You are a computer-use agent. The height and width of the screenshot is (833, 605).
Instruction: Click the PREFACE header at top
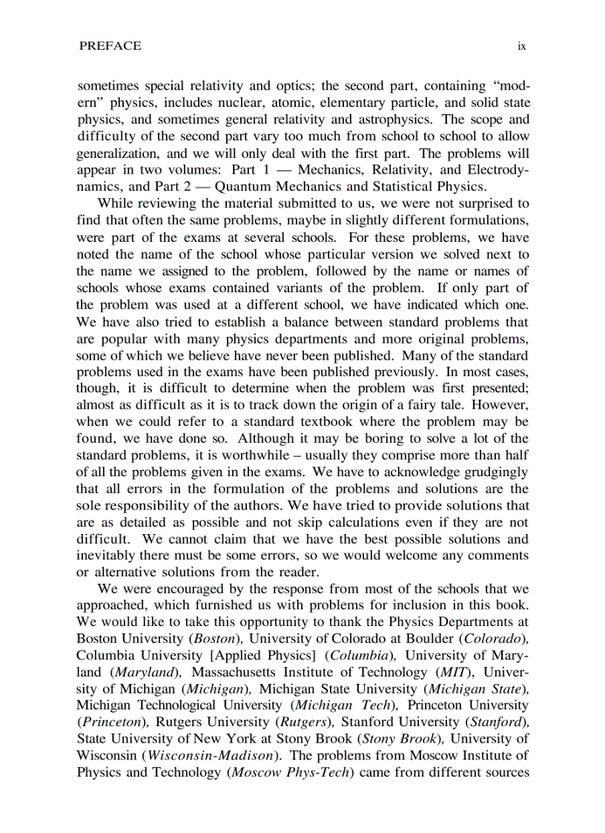110,46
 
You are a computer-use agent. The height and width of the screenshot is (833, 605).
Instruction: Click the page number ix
522,46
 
